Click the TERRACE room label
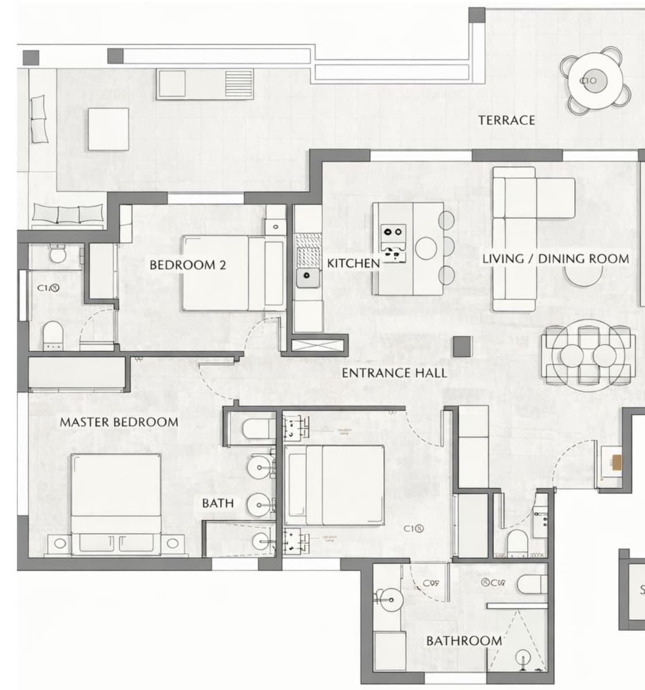point(506,120)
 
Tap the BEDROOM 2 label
point(187,265)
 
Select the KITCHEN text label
point(353,263)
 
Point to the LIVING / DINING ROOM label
point(555,259)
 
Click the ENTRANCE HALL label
point(394,373)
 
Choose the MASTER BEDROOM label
point(119,422)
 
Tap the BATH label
point(218,503)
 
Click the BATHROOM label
point(464,641)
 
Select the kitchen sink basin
point(308,276)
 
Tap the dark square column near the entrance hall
point(462,346)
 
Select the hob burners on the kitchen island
point(393,241)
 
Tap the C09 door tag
point(431,583)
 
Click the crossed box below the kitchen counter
point(320,346)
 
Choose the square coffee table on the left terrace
point(109,129)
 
